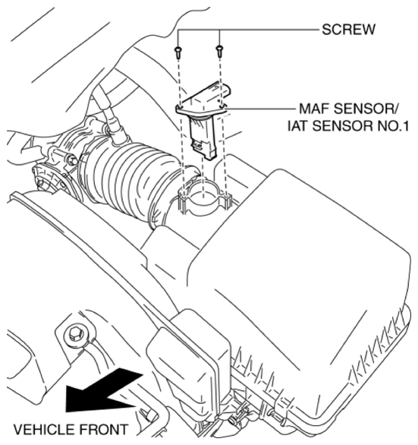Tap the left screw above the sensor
[178, 51]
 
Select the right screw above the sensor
[220, 51]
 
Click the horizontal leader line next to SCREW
[273, 30]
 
